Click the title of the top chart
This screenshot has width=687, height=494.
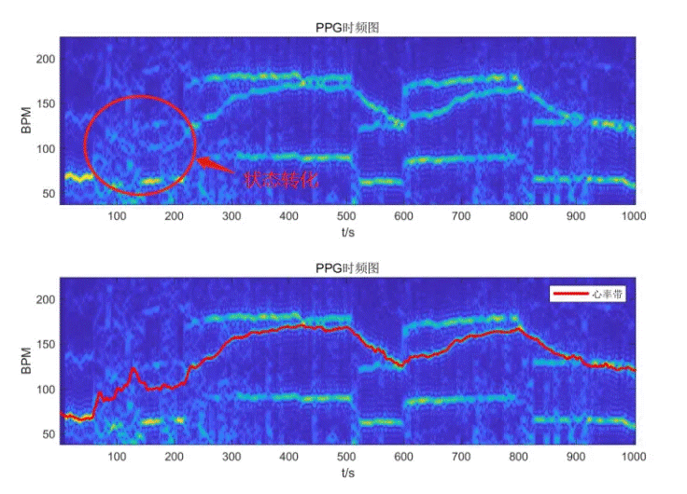[x=347, y=28]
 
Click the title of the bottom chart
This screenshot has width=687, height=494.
[x=347, y=268]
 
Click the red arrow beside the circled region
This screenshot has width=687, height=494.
[x=217, y=165]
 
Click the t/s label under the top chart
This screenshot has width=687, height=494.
[x=347, y=232]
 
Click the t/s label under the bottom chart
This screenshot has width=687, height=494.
[x=347, y=473]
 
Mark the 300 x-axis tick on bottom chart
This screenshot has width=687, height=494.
[x=231, y=458]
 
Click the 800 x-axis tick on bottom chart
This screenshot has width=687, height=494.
[x=518, y=458]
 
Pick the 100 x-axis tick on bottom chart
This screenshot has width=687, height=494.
[x=117, y=458]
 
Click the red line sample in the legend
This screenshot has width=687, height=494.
[x=570, y=294]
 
